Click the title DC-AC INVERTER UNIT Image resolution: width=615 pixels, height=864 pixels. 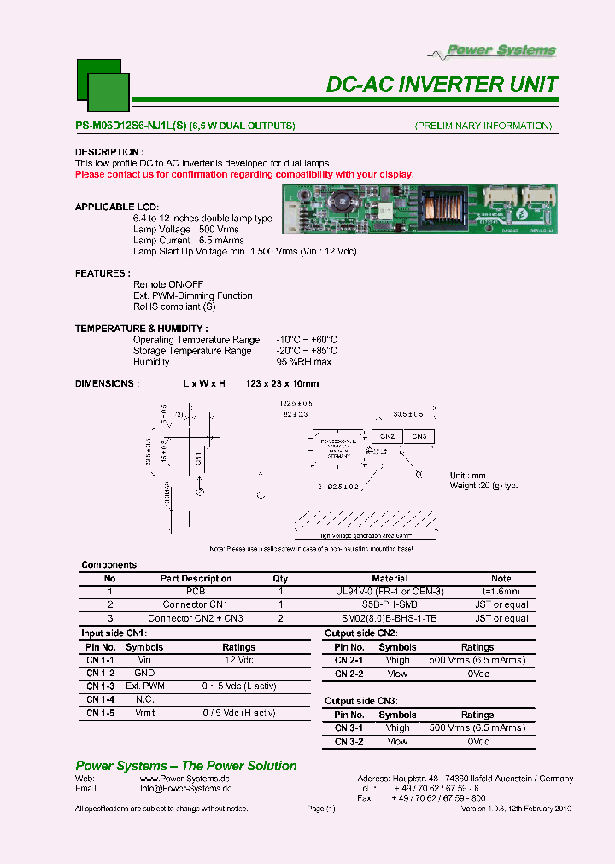pos(442,85)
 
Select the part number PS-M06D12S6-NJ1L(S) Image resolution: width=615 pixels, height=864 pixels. pos(130,126)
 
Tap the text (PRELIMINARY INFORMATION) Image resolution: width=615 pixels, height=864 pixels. pos(483,126)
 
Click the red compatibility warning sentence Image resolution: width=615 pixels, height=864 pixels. pos(244,174)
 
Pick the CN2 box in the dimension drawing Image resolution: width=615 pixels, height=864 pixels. pos(387,436)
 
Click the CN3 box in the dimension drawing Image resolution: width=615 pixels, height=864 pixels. pos(419,436)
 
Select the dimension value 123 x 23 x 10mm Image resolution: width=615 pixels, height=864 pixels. pos(282,384)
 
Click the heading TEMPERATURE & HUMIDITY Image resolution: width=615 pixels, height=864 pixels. pos(141,329)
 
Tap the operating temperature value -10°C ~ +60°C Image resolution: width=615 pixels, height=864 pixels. pos(307,340)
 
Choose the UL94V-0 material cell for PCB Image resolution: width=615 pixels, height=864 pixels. pos(394,591)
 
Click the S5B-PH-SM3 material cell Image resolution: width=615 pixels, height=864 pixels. pos(391,604)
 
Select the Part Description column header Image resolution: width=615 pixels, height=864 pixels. pos(196,578)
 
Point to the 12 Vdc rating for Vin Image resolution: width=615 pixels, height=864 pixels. pos(238,660)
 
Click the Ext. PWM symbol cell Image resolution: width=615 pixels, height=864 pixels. pos(144,686)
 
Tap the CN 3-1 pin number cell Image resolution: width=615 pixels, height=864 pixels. pos(348,728)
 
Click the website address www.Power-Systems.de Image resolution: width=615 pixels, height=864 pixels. pos(184,779)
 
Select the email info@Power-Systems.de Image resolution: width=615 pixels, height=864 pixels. pos(185,790)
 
